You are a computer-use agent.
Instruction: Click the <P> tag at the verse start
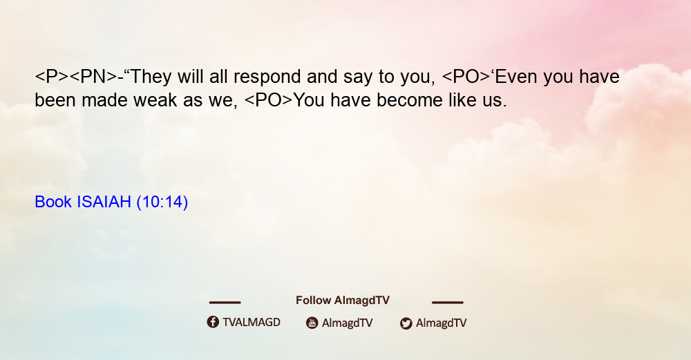[x=52, y=77]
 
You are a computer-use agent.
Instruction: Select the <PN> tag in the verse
[x=94, y=77]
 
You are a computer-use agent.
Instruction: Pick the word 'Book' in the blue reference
[x=53, y=202]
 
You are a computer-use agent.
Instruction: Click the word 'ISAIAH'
[x=104, y=202]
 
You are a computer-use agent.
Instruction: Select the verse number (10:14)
[x=162, y=202]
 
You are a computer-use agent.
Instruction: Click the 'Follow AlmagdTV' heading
[x=343, y=301]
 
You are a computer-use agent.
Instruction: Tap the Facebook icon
[x=213, y=322]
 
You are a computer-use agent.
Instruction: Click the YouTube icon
[x=312, y=323]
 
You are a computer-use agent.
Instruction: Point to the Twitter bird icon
[x=406, y=323]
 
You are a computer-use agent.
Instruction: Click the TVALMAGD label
[x=252, y=322]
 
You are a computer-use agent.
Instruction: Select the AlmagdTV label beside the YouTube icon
[x=348, y=323]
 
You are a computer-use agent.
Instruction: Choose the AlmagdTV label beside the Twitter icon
[x=441, y=323]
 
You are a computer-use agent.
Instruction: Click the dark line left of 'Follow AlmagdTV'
[x=225, y=302]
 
